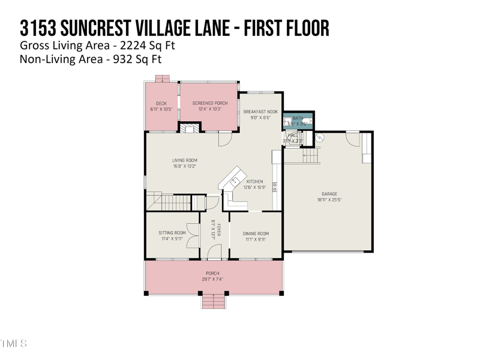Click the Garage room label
tap(329, 194)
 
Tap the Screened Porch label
tap(210, 103)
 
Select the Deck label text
tap(161, 103)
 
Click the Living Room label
tap(185, 160)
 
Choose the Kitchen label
tap(255, 181)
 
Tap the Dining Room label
tap(256, 233)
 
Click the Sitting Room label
tap(172, 233)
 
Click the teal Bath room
tap(298, 121)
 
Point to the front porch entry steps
tap(213, 301)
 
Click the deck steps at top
tap(162, 79)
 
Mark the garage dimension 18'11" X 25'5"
tap(329, 200)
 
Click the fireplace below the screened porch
tap(191, 128)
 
